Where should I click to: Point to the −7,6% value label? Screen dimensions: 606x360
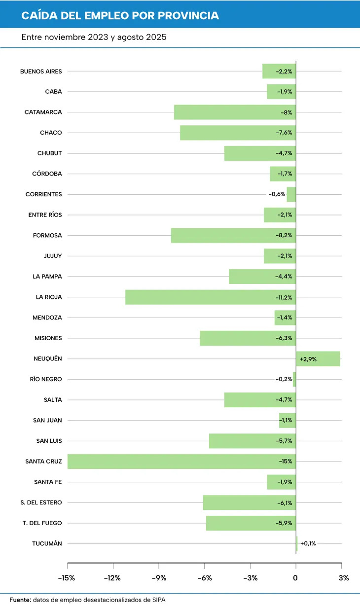284,133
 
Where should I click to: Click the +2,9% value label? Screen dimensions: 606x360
308,359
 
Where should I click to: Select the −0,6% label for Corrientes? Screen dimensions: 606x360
277,194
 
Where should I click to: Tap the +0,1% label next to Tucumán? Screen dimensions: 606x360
308,544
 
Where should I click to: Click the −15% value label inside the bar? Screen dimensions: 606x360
286,462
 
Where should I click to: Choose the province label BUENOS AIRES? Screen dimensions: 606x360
41,71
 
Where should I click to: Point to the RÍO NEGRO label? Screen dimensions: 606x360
46,380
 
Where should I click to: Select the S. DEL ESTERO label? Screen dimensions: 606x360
41,503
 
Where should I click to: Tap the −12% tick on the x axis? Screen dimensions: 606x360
112,578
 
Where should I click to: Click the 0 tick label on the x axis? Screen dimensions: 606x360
296,578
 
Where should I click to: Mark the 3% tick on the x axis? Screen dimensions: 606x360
344,578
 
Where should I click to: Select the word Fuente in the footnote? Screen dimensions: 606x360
20,600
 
